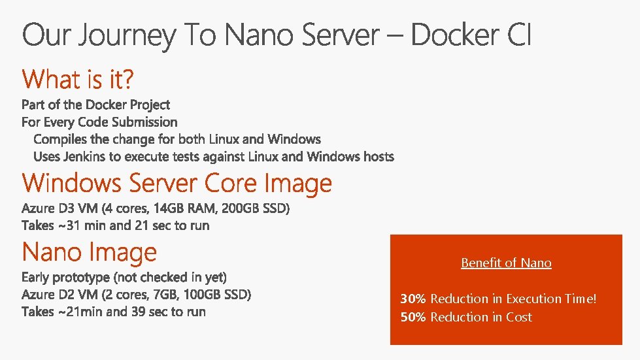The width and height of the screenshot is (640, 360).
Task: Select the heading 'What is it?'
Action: click(78, 80)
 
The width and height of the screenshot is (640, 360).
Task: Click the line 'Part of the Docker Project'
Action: click(95, 105)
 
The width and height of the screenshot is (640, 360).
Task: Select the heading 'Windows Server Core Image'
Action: click(177, 183)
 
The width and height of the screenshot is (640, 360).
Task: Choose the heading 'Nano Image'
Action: click(90, 252)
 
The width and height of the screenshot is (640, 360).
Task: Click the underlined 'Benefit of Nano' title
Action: click(506, 263)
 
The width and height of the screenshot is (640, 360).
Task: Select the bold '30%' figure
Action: click(413, 299)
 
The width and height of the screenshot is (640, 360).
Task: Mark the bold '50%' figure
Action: click(413, 318)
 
